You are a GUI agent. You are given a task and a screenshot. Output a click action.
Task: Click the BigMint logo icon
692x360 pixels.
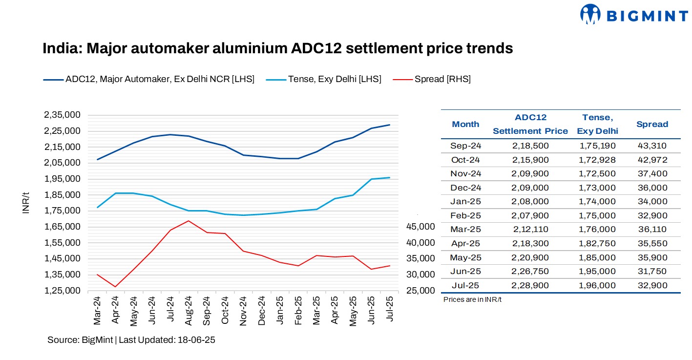pyautogui.click(x=590, y=14)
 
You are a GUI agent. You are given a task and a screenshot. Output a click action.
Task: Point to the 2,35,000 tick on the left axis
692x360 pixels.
pyautogui.click(x=62, y=115)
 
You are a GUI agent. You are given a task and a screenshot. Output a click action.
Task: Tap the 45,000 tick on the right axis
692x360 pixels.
pyautogui.click(x=420, y=227)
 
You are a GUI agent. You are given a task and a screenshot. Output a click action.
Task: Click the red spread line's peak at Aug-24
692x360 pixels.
pyautogui.click(x=189, y=221)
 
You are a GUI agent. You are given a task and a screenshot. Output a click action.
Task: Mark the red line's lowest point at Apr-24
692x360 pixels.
pyautogui.click(x=115, y=287)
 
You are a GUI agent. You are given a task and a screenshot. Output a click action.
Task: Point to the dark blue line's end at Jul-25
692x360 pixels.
pyautogui.click(x=390, y=125)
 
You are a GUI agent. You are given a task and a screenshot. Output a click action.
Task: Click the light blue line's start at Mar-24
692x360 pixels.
pyautogui.click(x=98, y=208)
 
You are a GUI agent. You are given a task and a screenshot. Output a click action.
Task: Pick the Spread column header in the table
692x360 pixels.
pyautogui.click(x=652, y=124)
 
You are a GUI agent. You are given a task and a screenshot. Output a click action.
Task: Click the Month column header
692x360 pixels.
pyautogui.click(x=465, y=124)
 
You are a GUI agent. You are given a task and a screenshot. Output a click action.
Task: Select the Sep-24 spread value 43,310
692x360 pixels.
pyautogui.click(x=652, y=146)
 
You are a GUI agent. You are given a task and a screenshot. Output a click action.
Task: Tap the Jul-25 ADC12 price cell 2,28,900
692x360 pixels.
pyautogui.click(x=530, y=285)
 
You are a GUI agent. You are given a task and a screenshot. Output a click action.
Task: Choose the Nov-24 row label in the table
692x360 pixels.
pyautogui.click(x=465, y=173)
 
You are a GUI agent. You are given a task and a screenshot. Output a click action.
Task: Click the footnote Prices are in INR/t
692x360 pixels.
pyautogui.click(x=472, y=299)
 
